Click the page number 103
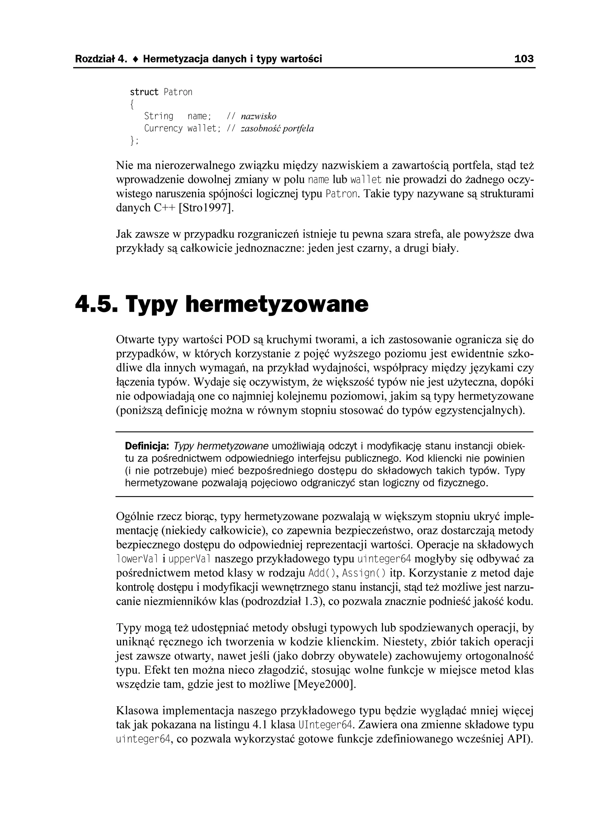(x=523, y=59)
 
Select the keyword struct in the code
(x=144, y=92)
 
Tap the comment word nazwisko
(x=258, y=117)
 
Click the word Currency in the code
(x=163, y=128)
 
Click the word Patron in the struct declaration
(x=178, y=92)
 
